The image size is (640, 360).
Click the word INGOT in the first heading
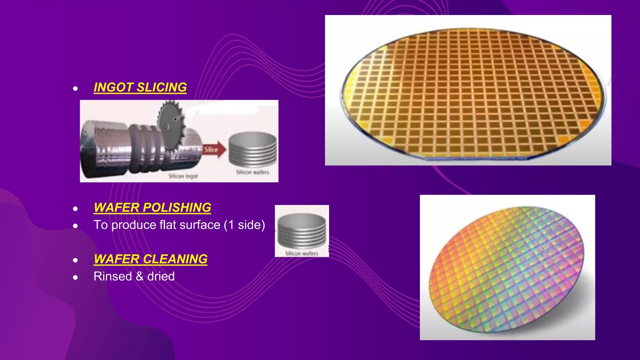[113, 87]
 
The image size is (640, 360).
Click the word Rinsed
[112, 277]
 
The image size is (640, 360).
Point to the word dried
[161, 277]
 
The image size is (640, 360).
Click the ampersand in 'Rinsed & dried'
[139, 277]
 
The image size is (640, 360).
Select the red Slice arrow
[214, 149]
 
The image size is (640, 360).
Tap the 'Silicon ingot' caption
[183, 176]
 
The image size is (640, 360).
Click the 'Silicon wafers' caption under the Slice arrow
[252, 172]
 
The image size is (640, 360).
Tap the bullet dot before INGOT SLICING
[75, 88]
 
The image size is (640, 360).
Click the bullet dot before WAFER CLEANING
[75, 260]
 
